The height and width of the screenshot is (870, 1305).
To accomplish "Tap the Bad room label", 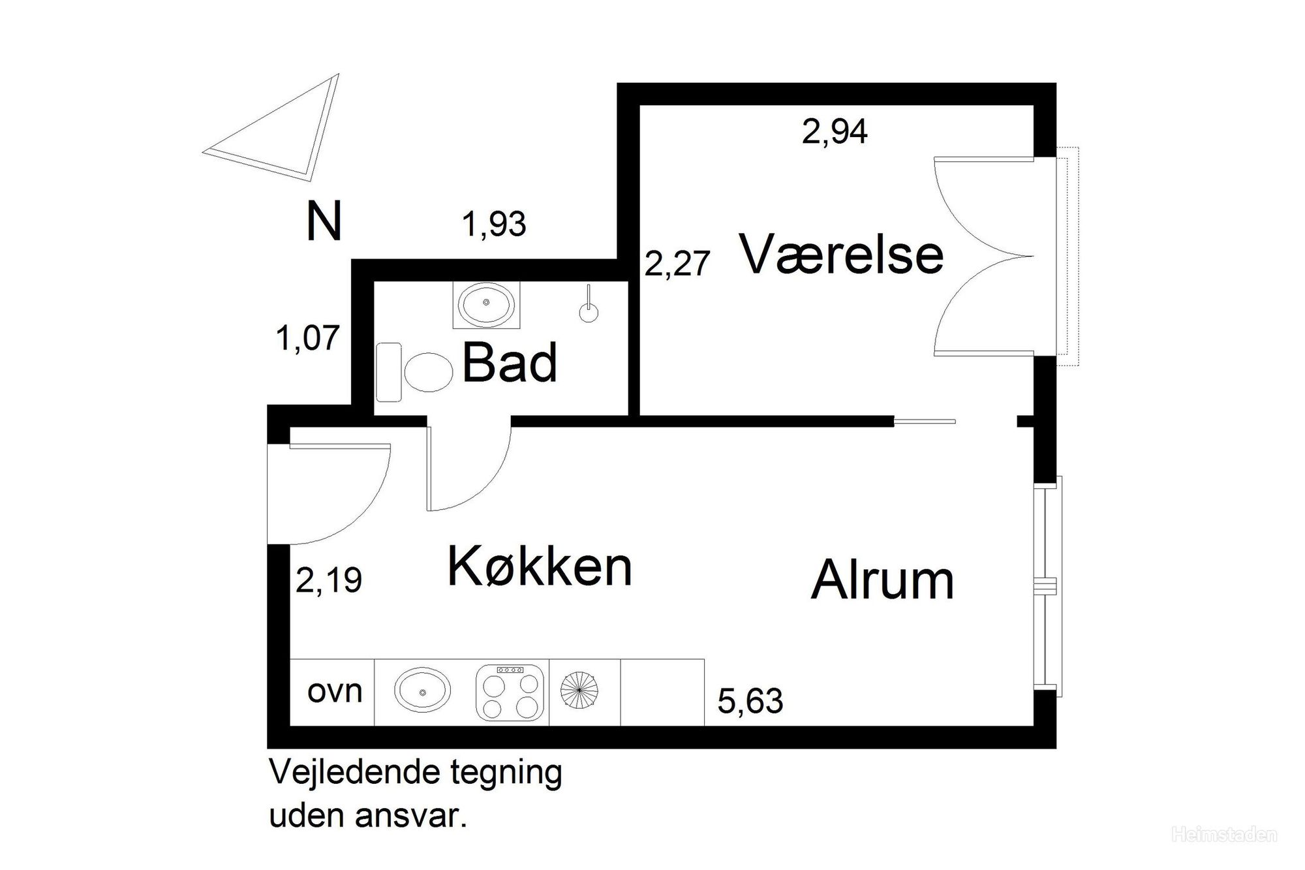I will tap(510, 363).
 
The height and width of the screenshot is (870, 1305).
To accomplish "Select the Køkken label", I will tap(540, 567).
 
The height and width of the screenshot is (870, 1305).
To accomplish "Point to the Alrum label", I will tap(882, 580).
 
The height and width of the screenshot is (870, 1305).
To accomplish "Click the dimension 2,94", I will tap(835, 132).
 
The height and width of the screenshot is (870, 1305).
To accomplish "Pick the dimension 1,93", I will tap(494, 225).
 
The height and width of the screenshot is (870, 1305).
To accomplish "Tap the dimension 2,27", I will tap(677, 264).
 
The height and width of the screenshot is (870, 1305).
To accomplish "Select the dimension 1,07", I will tap(308, 339).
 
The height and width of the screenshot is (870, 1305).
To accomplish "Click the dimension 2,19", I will tap(329, 580).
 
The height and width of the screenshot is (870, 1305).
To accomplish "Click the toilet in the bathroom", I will tap(418, 372).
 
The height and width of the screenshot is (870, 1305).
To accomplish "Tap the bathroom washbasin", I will tap(486, 305).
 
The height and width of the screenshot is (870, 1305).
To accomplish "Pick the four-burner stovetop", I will tap(510, 692).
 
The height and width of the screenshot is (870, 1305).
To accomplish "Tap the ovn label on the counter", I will tap(335, 691).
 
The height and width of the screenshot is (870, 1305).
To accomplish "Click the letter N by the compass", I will tap(324, 221).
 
